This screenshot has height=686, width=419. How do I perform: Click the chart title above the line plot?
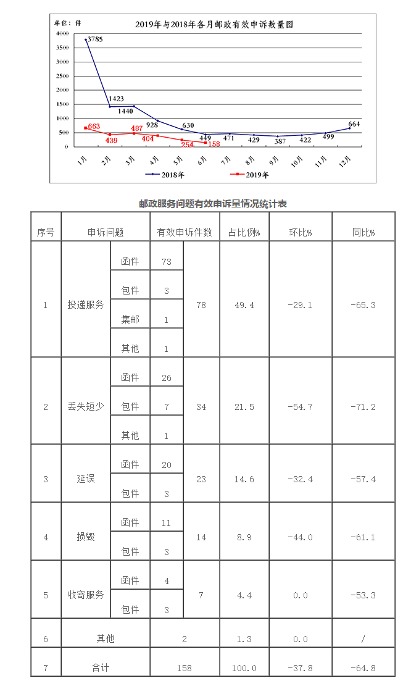[x=214, y=25]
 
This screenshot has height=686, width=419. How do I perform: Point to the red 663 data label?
[x=94, y=127]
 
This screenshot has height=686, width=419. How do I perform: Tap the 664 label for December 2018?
[x=354, y=123]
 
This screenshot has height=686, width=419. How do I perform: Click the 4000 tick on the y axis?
[x=62, y=33]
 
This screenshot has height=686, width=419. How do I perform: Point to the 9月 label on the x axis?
[x=275, y=162]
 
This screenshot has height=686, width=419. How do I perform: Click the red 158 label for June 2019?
[x=214, y=144]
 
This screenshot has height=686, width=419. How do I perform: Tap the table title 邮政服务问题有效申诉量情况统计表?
[x=213, y=204]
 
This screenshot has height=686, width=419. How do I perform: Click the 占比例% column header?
[x=244, y=233]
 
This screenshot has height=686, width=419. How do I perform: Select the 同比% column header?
[x=363, y=233]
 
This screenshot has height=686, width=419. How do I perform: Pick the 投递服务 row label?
[x=86, y=305]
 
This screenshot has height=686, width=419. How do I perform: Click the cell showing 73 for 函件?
[x=167, y=262]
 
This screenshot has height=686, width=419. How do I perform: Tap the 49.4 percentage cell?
[x=244, y=305]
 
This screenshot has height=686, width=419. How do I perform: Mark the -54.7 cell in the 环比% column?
[x=300, y=407]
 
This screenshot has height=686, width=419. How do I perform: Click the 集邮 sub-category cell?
[x=130, y=320]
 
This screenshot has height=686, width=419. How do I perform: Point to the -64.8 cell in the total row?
[x=363, y=668]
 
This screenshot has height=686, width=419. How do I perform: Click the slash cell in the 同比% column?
[x=363, y=639]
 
